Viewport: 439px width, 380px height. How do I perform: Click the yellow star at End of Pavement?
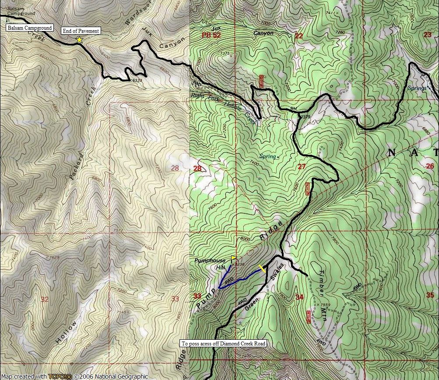tap(79, 40)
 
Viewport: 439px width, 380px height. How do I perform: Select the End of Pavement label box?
tap(81, 31)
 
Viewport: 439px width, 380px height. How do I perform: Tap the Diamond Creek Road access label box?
tap(224, 344)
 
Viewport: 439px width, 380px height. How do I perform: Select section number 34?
tap(299, 297)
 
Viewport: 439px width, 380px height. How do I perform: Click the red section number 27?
tap(302, 167)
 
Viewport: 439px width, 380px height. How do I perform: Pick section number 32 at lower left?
tap(44, 300)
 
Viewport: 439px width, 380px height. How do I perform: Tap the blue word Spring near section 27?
tap(268, 156)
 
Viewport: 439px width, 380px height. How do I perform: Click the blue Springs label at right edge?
tap(416, 88)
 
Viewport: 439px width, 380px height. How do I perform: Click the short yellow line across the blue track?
tap(262, 268)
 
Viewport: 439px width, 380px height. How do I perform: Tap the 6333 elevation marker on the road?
tap(137, 80)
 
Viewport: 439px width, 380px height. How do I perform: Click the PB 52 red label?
tap(211, 35)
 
